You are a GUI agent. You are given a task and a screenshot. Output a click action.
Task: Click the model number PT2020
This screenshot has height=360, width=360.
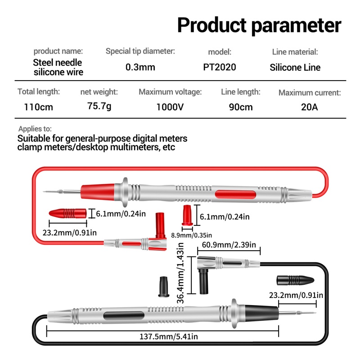pyautogui.click(x=220, y=67)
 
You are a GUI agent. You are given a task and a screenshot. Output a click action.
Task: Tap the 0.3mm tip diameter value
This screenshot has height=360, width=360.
pyautogui.click(x=140, y=67)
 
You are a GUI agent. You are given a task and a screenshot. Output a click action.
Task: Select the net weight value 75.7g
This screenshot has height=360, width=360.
pyautogui.click(x=99, y=106)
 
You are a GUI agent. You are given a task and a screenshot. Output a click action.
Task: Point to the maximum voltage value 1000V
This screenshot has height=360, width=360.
pyautogui.click(x=170, y=107)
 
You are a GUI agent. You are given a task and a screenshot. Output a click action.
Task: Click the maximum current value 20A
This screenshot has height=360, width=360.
pyautogui.click(x=309, y=107)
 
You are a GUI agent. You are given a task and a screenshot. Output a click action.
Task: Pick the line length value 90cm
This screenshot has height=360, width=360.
pyautogui.click(x=241, y=107)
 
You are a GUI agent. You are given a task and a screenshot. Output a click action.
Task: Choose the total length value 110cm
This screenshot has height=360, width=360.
pyautogui.click(x=38, y=107)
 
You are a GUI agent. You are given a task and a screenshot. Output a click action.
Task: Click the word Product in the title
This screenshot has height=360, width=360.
pyautogui.click(x=211, y=25)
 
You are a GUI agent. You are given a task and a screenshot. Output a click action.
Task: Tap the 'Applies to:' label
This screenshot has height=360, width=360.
pyautogui.click(x=35, y=129)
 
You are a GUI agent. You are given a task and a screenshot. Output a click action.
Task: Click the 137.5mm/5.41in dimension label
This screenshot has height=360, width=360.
pyautogui.click(x=169, y=337)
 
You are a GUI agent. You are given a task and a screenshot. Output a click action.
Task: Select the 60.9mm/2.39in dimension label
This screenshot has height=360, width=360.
pyautogui.click(x=229, y=245)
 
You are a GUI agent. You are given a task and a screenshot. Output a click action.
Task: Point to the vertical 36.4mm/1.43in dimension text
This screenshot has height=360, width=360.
pyautogui.click(x=180, y=273)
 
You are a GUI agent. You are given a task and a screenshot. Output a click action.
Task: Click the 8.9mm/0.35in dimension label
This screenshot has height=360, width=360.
pyautogui.click(x=192, y=235)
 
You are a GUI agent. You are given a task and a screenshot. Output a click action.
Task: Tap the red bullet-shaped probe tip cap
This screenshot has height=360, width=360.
pyautogui.click(x=68, y=213)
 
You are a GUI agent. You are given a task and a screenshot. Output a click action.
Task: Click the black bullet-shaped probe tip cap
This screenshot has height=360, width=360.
pyautogui.click(x=295, y=280)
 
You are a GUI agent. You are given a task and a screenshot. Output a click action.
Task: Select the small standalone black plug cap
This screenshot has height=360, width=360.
pyautogui.click(x=164, y=287)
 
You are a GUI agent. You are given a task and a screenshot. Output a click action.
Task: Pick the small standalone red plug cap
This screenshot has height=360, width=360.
pyautogui.click(x=187, y=216)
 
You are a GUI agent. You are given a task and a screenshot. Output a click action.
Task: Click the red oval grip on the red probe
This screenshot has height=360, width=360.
pyautogui.click(x=235, y=194)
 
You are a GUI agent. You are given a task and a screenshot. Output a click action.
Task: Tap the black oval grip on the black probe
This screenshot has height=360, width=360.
pyautogui.click(x=124, y=316)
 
